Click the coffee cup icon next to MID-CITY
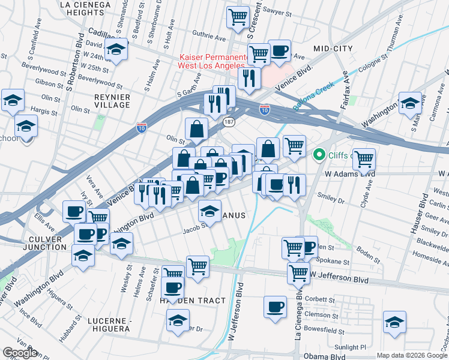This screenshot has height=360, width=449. [279, 50]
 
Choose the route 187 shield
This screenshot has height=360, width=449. [229, 122]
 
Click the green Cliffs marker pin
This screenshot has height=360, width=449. [319, 155]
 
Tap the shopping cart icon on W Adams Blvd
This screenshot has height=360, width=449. [364, 159]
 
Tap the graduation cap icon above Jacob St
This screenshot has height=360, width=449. [209, 211]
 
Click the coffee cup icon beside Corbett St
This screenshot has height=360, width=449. [275, 306]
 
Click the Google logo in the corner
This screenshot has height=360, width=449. [20, 353]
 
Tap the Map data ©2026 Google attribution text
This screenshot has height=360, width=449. [412, 355]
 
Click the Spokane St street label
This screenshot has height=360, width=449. [334, 262]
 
